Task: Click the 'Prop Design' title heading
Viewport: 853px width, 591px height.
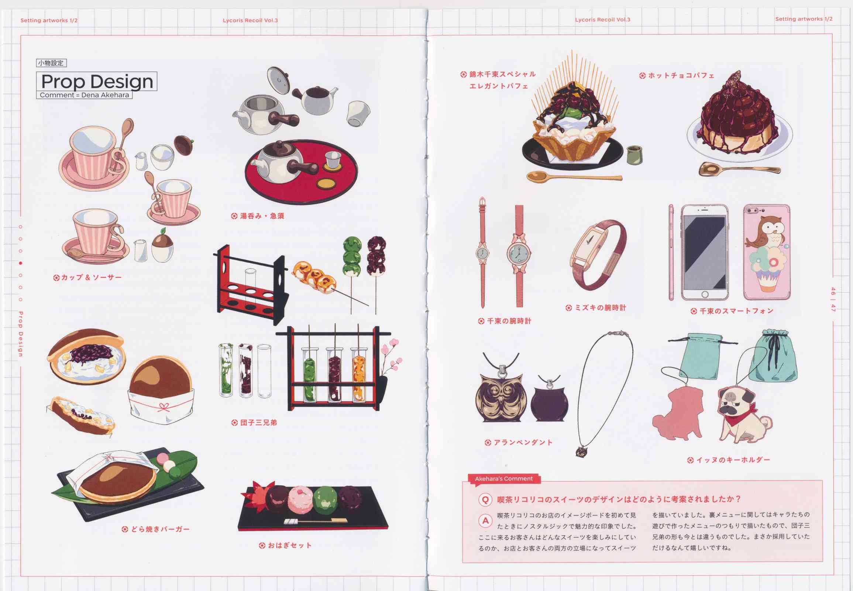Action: click(97, 82)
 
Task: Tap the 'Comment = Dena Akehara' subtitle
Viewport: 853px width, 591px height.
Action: click(85, 95)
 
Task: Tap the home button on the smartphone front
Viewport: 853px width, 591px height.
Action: click(705, 294)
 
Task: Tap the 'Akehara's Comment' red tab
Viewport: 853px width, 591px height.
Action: click(504, 479)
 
